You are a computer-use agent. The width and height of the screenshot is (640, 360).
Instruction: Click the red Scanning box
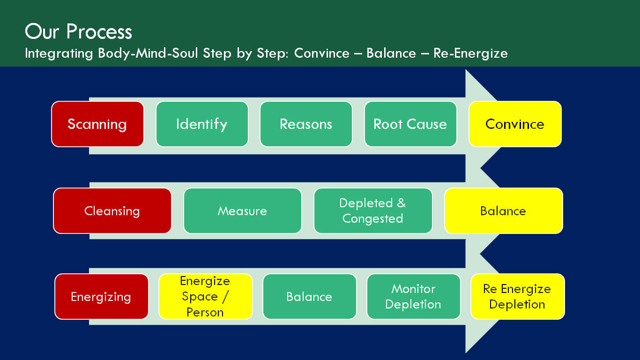(x=97, y=124)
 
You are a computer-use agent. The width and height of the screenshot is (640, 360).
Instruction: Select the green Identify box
(x=202, y=124)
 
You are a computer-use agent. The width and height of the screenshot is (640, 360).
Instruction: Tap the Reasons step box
(x=306, y=124)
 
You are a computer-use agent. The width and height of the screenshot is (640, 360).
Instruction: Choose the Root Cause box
(x=410, y=124)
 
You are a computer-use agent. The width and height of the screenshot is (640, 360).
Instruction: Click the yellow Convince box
(x=515, y=124)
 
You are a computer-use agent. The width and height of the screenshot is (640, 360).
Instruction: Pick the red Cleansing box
(x=112, y=211)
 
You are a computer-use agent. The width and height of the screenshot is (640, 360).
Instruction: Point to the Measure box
(x=243, y=211)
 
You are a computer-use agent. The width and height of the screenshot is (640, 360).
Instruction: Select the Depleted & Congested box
(x=373, y=211)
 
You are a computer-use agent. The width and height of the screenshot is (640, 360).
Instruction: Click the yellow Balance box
(x=504, y=211)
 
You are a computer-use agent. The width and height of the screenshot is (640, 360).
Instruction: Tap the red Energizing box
(x=101, y=297)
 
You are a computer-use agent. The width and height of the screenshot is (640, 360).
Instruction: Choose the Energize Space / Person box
(x=205, y=297)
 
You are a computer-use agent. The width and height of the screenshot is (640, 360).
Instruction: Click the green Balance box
(x=309, y=297)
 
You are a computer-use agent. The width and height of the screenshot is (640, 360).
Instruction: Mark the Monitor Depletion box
(x=413, y=297)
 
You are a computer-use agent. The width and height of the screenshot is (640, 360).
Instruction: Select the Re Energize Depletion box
(x=518, y=297)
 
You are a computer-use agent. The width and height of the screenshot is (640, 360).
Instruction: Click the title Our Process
(x=78, y=31)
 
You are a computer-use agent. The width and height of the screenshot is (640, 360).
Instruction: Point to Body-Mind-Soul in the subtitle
(x=148, y=53)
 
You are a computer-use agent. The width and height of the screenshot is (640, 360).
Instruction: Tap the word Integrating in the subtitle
(x=59, y=53)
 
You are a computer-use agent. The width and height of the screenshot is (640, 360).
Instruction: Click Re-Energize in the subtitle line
(x=470, y=53)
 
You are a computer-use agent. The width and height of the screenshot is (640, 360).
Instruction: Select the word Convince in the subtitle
(x=322, y=53)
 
